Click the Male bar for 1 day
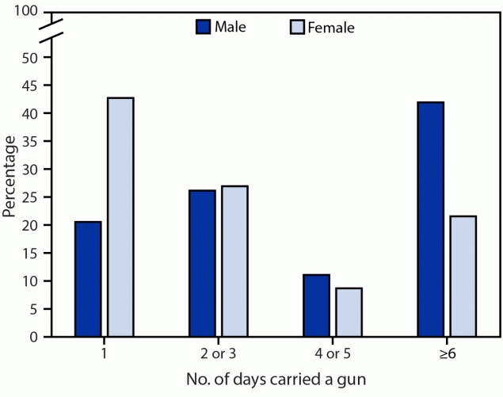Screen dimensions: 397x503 (88, 279)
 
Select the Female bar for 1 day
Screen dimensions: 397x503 (120, 217)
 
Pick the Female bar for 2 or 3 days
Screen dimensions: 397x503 (234, 261)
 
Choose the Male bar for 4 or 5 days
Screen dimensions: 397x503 (316, 305)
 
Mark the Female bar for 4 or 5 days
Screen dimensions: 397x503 (349, 312)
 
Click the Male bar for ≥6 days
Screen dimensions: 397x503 (430, 219)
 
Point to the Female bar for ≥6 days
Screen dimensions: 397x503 (463, 276)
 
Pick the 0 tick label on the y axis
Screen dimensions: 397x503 (33, 337)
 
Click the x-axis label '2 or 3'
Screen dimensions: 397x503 (218, 353)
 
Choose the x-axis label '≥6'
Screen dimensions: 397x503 (446, 353)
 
